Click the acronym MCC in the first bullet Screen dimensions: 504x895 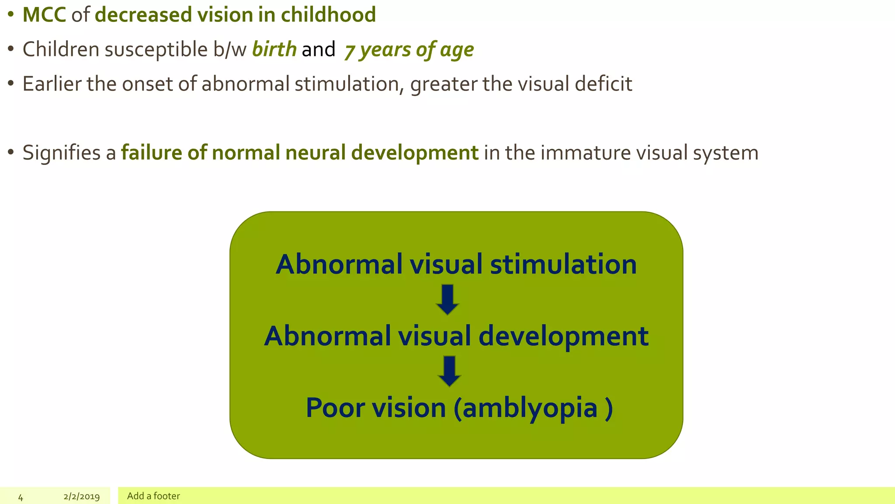click(x=44, y=15)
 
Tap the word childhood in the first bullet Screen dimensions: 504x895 click(x=328, y=15)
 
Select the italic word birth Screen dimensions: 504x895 click(x=274, y=49)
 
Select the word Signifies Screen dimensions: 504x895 click(x=62, y=153)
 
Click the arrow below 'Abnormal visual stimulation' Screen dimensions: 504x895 click(x=447, y=300)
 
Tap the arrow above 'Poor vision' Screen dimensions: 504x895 click(x=449, y=371)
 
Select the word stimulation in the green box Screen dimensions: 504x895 click(x=563, y=265)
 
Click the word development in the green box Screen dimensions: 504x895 click(x=563, y=336)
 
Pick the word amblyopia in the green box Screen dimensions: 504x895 click(x=530, y=408)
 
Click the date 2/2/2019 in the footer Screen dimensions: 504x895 click(x=82, y=497)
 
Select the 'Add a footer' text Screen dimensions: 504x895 click(x=153, y=496)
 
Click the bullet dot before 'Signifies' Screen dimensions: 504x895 click(x=11, y=153)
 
